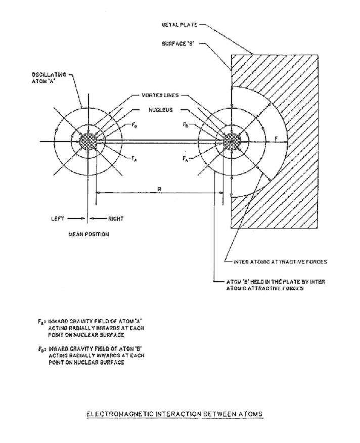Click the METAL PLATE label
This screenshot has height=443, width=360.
pyautogui.click(x=178, y=24)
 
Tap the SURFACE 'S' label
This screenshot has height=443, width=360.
pyautogui.click(x=178, y=44)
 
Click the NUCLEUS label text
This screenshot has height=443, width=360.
pyautogui.click(x=161, y=110)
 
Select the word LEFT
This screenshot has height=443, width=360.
pyautogui.click(x=58, y=219)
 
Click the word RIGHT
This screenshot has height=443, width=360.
pyautogui.click(x=116, y=219)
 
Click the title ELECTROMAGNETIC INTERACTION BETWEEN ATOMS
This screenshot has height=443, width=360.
pyautogui.click(x=174, y=414)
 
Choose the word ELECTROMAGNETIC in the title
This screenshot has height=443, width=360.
pyautogui.click(x=117, y=414)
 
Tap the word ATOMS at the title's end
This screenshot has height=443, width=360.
pyautogui.click(x=251, y=414)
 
